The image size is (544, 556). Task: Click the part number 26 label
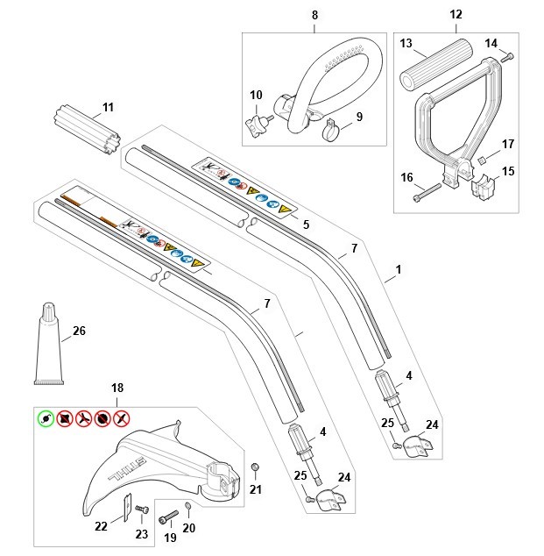coord(79,331)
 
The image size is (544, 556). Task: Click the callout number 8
coord(314,15)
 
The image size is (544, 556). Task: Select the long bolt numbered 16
coord(423,194)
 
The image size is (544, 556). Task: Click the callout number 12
coord(455,15)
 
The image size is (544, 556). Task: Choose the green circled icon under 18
coord(45,418)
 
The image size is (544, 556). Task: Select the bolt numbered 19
coord(167,517)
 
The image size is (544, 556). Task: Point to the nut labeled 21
coord(254,466)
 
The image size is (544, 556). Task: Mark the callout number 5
coord(306,224)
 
